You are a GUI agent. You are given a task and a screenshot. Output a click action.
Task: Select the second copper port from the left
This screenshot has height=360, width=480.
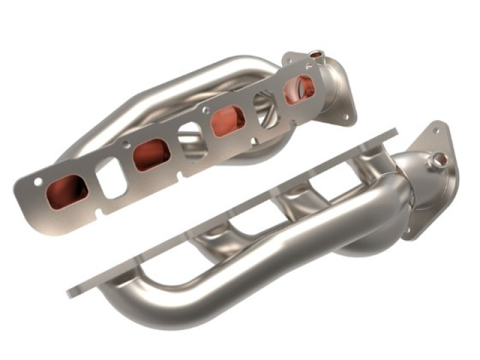(151, 155)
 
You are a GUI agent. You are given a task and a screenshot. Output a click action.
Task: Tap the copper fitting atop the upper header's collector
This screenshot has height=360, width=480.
(316, 53)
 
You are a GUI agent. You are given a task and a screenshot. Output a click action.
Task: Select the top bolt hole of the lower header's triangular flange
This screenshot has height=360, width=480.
(437, 130)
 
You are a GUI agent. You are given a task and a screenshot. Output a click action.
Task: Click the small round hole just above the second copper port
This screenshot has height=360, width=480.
(127, 143)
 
